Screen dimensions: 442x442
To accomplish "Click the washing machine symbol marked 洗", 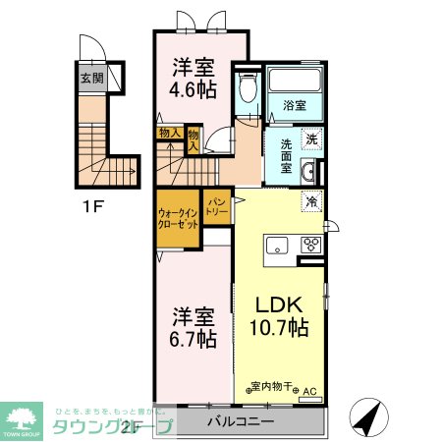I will pos(309,138).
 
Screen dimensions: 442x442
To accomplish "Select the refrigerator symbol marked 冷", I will pos(310,201).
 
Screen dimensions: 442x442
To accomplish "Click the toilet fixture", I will pos(248,89).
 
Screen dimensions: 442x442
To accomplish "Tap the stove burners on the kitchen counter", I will pos(313,245).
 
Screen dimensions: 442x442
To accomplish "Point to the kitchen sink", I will pos(275,245).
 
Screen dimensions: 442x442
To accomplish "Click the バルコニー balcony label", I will pos(241,423).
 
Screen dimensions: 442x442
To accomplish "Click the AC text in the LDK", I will pos(309,390).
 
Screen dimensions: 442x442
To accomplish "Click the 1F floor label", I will pos(90,208).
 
